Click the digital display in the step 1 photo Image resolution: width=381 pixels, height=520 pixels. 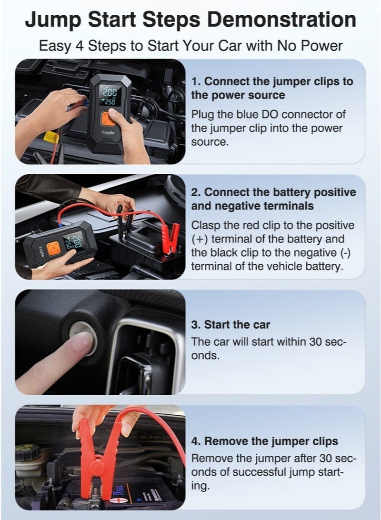[x=110, y=96]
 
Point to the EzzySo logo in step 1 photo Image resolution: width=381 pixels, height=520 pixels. [x=108, y=133]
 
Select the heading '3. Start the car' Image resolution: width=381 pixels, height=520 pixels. [x=231, y=325]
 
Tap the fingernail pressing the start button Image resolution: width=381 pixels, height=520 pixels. [x=82, y=342]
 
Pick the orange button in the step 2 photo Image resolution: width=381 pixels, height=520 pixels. [x=54, y=248]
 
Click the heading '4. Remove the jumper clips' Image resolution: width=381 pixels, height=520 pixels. [x=265, y=441]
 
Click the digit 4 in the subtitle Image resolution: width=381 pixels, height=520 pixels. [x=80, y=46]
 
